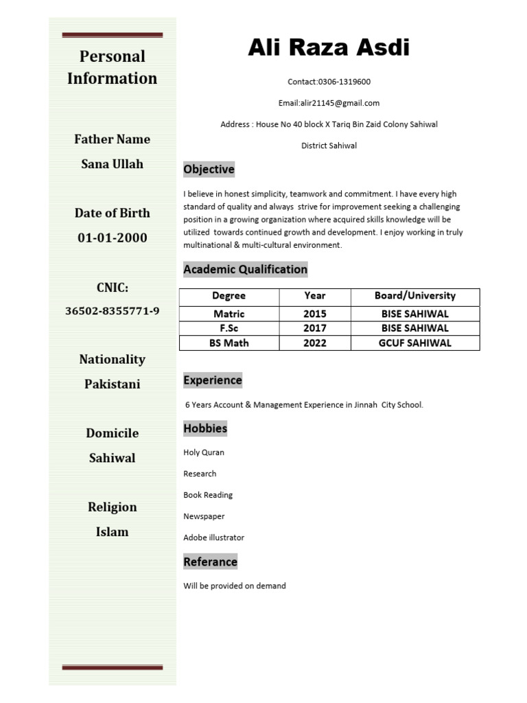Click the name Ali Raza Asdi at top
click(x=329, y=48)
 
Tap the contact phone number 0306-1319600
click(x=344, y=82)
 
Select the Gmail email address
click(x=339, y=103)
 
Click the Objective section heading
click(x=209, y=170)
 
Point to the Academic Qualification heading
click(x=245, y=269)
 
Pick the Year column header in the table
click(x=315, y=296)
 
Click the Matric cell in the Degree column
click(x=229, y=314)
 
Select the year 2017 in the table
click(x=315, y=328)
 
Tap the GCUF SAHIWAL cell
click(x=414, y=343)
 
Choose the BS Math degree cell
click(x=229, y=343)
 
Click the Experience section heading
click(x=213, y=380)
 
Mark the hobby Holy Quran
click(x=204, y=452)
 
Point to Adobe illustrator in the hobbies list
click(x=213, y=538)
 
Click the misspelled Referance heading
click(x=210, y=562)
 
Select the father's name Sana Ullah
click(x=112, y=164)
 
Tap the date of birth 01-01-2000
click(x=112, y=238)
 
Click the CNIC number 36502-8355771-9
click(x=112, y=311)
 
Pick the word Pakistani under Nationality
click(x=112, y=384)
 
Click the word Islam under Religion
click(x=112, y=532)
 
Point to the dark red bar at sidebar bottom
click(x=112, y=667)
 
